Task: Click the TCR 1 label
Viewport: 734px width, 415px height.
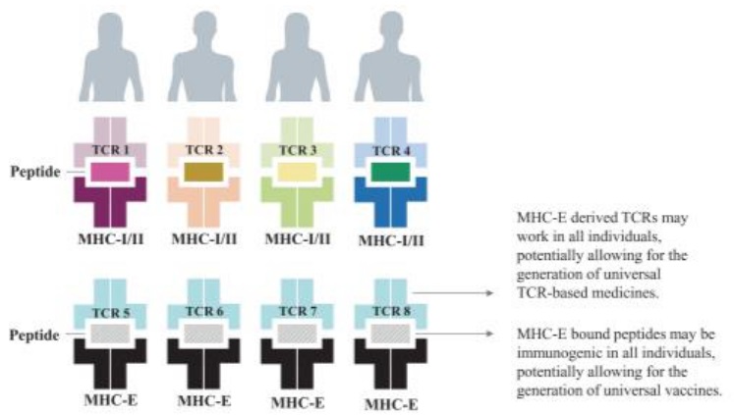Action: pos(110,150)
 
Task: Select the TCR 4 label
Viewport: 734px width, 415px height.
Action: pos(391,151)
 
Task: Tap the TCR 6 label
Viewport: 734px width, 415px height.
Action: pos(204,311)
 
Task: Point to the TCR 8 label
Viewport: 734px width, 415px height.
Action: pos(391,311)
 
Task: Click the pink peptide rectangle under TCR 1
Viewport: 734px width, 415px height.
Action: pos(110,172)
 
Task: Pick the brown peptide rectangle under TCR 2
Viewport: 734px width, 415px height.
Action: pos(203,172)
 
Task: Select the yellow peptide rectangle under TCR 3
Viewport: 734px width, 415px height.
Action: pos(298,172)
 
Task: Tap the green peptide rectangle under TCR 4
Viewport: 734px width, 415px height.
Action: pos(391,172)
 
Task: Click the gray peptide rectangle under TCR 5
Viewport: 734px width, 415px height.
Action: pos(110,334)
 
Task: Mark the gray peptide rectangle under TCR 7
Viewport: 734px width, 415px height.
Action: pos(298,334)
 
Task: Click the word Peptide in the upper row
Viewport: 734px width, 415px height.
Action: pos(35,172)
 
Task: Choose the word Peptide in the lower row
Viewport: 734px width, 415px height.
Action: pos(34,336)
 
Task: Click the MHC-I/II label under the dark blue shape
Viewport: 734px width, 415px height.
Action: pos(391,240)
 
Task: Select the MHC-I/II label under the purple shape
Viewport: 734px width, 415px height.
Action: pos(111,238)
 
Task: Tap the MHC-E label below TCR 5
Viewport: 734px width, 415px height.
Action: pos(111,400)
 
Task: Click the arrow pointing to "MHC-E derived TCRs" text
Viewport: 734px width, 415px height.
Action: pos(453,293)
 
